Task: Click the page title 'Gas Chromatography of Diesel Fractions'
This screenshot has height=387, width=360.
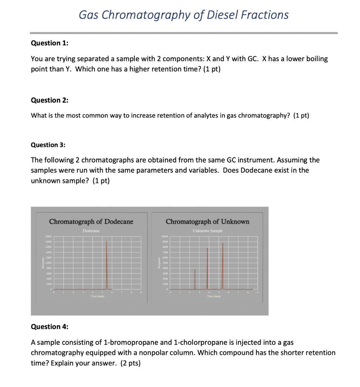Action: tap(184, 15)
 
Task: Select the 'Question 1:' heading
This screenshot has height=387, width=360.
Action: tap(49, 43)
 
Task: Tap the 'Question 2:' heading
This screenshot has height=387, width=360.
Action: tap(49, 100)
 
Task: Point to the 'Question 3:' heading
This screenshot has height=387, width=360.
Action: tap(49, 145)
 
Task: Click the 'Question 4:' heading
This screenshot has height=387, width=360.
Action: tap(49, 327)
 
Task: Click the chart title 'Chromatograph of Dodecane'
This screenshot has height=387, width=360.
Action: tap(91, 221)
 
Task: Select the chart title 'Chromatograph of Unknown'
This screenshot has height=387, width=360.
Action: tap(207, 221)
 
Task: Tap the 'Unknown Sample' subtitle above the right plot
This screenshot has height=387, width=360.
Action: tap(207, 231)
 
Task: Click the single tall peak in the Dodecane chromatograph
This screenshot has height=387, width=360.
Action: tap(107, 265)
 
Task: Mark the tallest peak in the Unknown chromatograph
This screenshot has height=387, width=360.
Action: tap(223, 265)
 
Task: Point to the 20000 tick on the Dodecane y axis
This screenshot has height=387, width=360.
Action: tap(49, 236)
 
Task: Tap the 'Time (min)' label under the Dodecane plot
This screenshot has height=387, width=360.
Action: tap(97, 297)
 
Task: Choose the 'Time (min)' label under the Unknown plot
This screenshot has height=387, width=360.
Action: tap(214, 297)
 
